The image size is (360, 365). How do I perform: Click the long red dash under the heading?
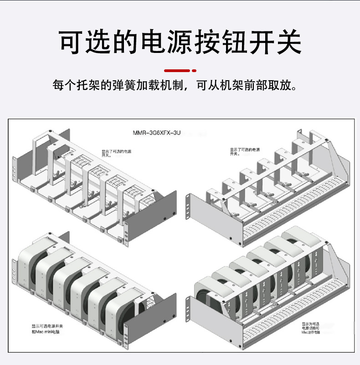point(177,71)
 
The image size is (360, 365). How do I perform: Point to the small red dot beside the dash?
point(194,71)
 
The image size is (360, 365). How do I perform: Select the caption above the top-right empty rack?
point(245,151)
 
